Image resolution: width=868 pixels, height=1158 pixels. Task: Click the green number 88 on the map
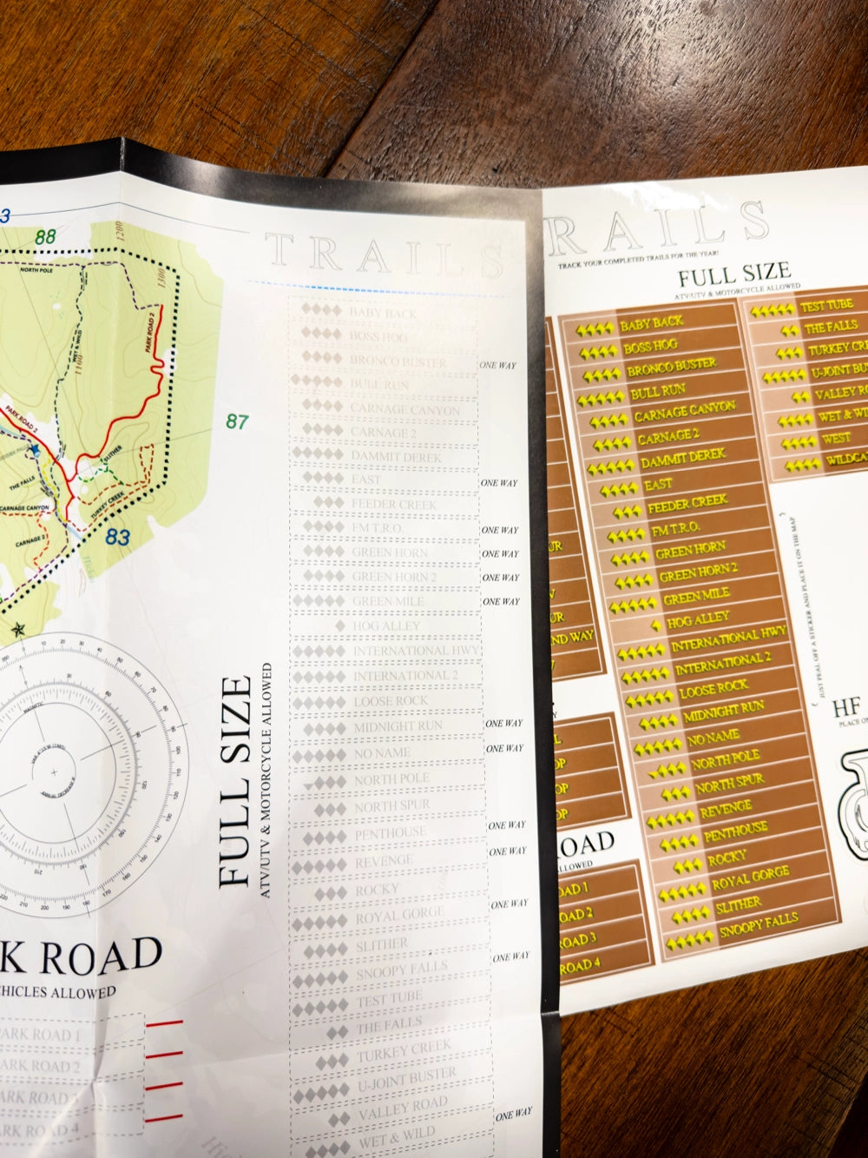(x=46, y=235)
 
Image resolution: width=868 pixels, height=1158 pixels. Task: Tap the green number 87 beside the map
(x=237, y=422)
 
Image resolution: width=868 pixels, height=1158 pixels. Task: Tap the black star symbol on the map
(x=17, y=628)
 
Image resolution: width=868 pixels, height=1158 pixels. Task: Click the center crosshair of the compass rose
(x=54, y=772)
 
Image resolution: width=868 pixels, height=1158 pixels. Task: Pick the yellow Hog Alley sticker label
(x=699, y=620)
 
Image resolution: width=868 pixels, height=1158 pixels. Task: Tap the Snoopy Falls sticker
(x=753, y=929)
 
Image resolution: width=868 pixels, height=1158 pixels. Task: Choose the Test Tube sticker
(x=826, y=306)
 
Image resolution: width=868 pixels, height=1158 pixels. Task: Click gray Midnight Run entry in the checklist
(x=398, y=727)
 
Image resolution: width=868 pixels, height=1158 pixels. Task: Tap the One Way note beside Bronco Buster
(x=498, y=365)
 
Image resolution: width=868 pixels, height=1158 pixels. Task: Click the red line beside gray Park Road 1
(x=165, y=1026)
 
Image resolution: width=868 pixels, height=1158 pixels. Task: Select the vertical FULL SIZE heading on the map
(x=237, y=781)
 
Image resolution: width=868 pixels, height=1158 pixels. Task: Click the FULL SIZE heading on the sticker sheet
(x=733, y=277)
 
